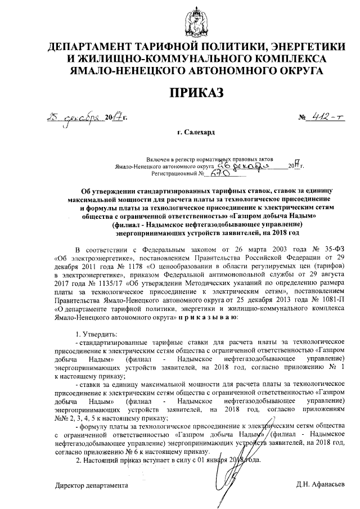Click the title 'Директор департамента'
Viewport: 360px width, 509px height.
90,485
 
